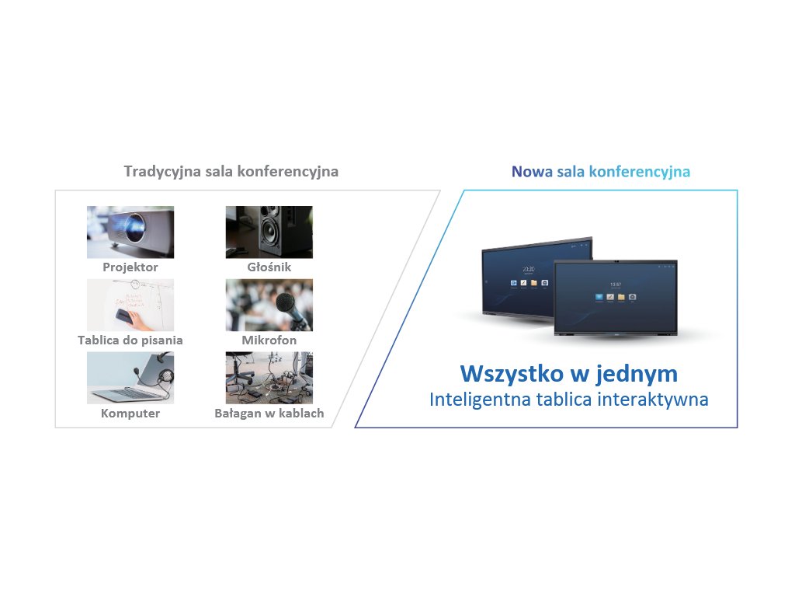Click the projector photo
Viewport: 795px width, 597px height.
pos(130,232)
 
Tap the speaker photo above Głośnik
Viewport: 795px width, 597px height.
pos(269,232)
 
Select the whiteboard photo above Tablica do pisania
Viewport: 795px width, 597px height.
pos(130,305)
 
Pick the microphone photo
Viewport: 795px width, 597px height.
pos(269,305)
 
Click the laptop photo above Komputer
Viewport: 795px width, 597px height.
pos(130,379)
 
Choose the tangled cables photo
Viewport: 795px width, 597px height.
pos(269,379)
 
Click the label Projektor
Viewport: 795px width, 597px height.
pos(130,267)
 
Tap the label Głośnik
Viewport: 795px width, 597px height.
pos(269,267)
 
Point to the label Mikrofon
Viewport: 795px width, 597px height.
pos(269,340)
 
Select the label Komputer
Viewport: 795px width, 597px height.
pos(130,414)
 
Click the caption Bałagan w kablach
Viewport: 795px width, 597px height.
pos(269,414)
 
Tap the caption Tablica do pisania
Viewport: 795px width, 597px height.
pos(130,340)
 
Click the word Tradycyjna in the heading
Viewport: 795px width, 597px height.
pos(162,172)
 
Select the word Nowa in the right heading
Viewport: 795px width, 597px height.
pos(532,172)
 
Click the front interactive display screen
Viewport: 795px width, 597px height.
pos(616,297)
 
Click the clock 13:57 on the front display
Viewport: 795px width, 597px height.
pos(616,285)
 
